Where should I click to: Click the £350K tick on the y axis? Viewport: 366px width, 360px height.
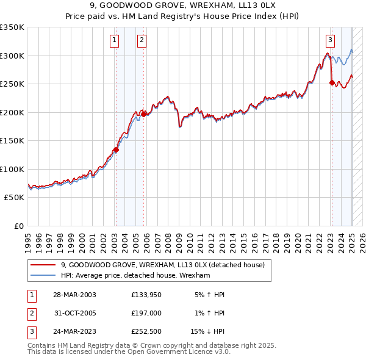12,27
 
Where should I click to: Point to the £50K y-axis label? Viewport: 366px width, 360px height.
14,198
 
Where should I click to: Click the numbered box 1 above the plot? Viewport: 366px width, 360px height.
114,41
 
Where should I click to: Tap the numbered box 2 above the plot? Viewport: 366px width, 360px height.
142,41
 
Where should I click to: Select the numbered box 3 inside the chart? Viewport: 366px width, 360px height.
330,41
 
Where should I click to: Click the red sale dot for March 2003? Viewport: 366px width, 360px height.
116,149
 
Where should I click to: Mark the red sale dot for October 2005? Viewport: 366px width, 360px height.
144,113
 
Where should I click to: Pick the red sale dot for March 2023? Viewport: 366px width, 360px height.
332,82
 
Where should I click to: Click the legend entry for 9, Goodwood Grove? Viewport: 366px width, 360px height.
162,265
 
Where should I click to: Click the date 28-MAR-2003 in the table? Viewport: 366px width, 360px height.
74,295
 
